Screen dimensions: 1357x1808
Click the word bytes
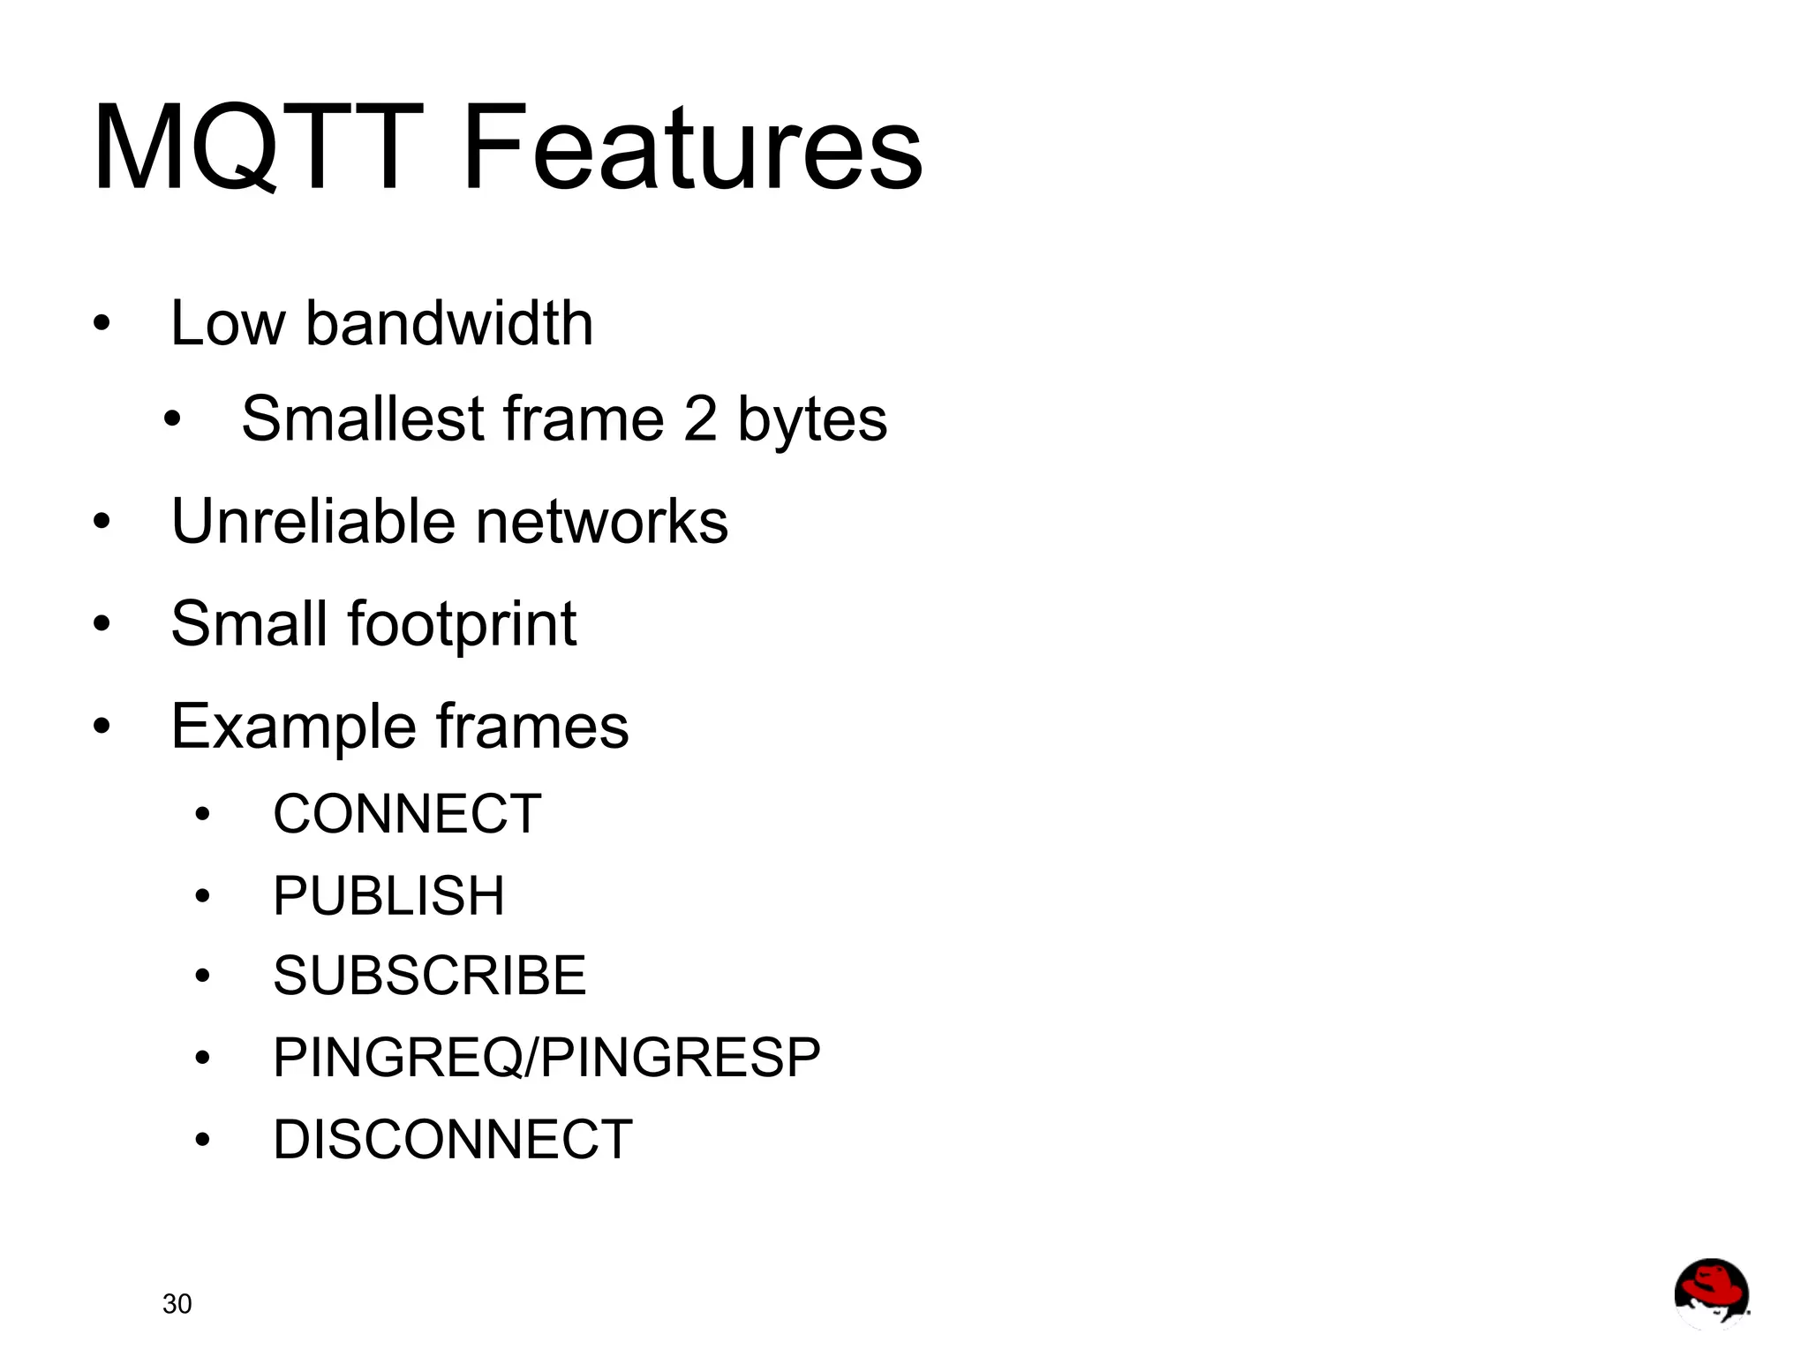(x=812, y=420)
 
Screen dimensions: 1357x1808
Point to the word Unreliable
(x=313, y=521)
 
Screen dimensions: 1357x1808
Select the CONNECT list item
(x=407, y=813)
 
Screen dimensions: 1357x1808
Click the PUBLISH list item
(x=388, y=895)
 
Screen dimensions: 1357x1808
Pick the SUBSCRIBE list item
(x=429, y=976)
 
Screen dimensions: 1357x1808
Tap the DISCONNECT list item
(x=453, y=1139)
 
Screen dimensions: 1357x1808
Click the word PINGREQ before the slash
(x=397, y=1058)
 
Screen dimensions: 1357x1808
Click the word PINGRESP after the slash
(x=680, y=1058)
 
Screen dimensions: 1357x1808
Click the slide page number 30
(x=177, y=1304)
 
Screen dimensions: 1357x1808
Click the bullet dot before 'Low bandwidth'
(x=102, y=323)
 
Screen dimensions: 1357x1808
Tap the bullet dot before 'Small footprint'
(x=102, y=624)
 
